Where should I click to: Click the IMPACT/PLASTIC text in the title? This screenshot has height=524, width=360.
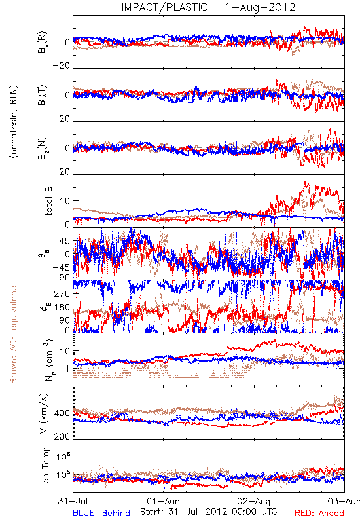click(x=164, y=7)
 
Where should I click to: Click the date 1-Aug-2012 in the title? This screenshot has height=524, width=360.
click(x=260, y=7)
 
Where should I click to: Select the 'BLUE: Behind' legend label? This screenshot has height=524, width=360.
click(x=101, y=513)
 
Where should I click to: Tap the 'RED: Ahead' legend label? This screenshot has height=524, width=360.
click(x=319, y=513)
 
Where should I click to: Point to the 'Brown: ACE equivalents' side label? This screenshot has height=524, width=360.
click(x=13, y=333)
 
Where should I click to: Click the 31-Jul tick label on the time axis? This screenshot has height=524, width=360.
click(x=73, y=501)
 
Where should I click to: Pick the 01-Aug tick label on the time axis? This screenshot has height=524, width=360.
click(x=163, y=501)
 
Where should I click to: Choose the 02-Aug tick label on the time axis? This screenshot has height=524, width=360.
click(x=254, y=501)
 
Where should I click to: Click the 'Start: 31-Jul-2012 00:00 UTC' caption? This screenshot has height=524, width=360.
click(x=208, y=512)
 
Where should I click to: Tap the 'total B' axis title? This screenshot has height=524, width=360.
click(x=48, y=201)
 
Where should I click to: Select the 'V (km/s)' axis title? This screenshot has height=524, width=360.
click(x=44, y=413)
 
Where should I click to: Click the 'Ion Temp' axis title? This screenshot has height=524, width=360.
click(x=45, y=466)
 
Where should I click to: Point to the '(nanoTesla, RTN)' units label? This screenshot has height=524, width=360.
click(x=14, y=122)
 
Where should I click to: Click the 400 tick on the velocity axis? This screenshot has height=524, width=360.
click(x=62, y=413)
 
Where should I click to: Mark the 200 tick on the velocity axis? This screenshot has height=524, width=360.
click(x=62, y=436)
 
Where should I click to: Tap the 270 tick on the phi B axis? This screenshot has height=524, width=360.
click(x=62, y=293)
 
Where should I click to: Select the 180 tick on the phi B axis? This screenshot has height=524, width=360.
click(x=62, y=307)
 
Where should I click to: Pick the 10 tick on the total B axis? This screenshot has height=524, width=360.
click(x=65, y=201)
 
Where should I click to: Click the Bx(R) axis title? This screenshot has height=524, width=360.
click(x=43, y=43)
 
